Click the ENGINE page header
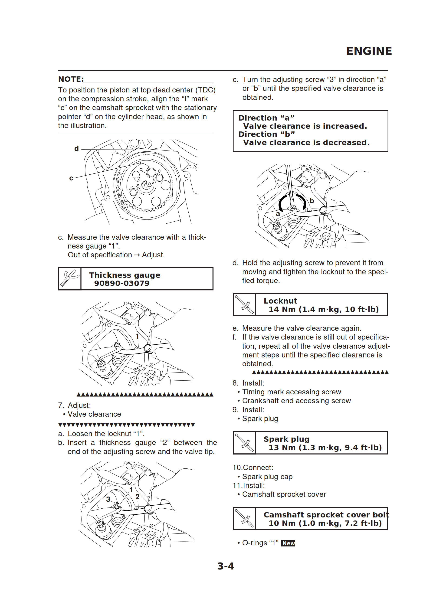pos(369,51)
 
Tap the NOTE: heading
pos(71,79)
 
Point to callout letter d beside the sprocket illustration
pos(76,149)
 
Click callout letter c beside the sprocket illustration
pos(71,178)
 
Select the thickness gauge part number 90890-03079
pos(122,283)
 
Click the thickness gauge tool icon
pos(70,279)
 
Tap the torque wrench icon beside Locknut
pos(244,305)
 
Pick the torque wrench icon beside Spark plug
pos(244,443)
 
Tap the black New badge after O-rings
pos(288,543)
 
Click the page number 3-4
pos(226,566)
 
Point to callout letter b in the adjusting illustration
pos(312,201)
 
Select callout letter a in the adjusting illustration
pos(278,214)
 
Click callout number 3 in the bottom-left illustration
pos(108,500)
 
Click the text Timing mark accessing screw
pos(291,392)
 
